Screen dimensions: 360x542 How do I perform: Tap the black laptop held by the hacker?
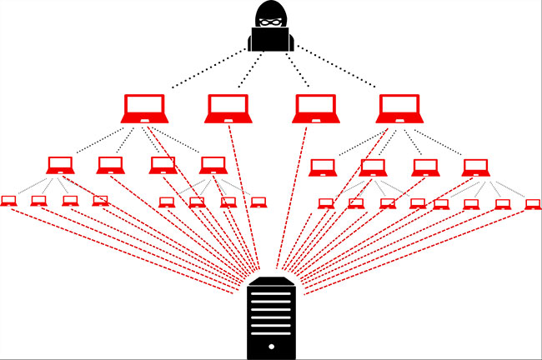[271, 39]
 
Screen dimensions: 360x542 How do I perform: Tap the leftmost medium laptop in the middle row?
[60, 165]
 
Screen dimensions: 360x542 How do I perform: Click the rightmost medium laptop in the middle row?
[475, 166]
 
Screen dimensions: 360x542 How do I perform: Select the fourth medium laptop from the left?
[213, 165]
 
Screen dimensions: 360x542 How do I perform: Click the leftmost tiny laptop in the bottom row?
[9, 201]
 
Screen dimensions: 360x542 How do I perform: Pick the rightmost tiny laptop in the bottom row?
[532, 203]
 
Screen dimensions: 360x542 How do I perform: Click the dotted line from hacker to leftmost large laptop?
[208, 71]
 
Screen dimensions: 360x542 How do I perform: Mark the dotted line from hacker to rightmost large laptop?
[334, 71]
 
